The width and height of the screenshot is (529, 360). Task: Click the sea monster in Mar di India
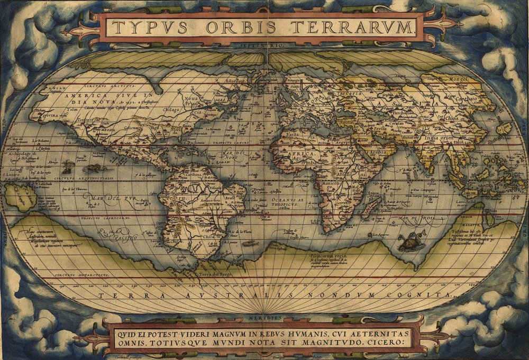coord(410,243)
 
